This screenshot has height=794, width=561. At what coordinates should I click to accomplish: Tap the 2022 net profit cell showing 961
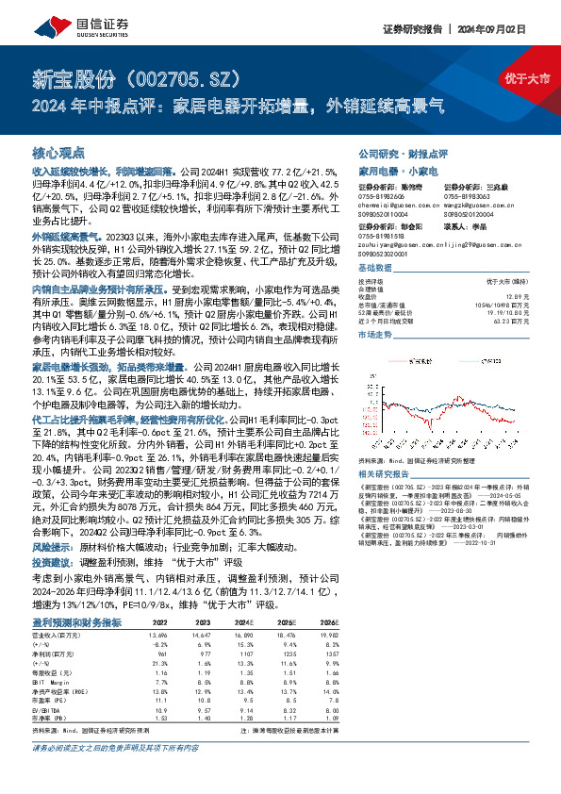tap(163, 653)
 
